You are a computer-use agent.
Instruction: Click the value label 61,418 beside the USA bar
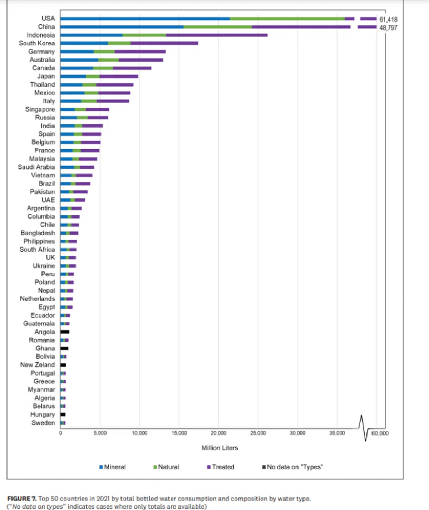pos(388,19)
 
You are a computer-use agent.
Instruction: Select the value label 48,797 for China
pos(388,28)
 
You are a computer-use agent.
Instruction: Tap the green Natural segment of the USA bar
pos(287,19)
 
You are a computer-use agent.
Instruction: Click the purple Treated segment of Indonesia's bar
pos(216,35)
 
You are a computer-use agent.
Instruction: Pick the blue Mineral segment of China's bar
pos(122,27)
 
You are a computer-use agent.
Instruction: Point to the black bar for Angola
pos(65,332)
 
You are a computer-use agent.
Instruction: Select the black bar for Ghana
pos(64,348)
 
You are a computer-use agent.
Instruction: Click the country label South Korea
pos(37,43)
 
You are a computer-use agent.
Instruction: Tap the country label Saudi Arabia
pos(36,167)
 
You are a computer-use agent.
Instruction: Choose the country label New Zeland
pos(37,365)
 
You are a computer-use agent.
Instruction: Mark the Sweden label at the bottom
pos(43,423)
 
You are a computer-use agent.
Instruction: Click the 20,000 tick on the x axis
pos(218,433)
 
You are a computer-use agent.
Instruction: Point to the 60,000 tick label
pos(380,433)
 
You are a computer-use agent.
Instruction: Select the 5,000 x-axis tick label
pos(100,433)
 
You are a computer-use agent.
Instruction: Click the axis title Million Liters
pos(220,448)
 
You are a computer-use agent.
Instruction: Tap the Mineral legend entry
pos(113,467)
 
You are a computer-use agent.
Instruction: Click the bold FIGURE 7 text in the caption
pos(22,499)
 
